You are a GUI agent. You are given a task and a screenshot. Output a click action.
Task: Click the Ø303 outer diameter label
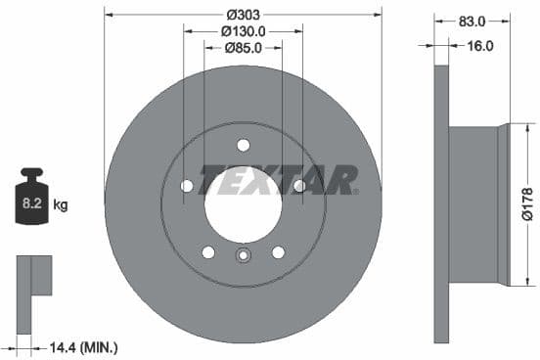[243, 15]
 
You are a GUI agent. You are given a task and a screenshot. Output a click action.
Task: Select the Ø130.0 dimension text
[243, 30]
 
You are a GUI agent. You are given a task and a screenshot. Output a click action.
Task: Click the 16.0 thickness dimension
[479, 45]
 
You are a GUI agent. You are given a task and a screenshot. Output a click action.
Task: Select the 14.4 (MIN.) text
[85, 346]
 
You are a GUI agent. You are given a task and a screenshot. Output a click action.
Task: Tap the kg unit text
[61, 204]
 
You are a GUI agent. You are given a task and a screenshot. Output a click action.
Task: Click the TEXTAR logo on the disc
[278, 180]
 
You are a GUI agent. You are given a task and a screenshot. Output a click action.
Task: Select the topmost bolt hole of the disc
[243, 146]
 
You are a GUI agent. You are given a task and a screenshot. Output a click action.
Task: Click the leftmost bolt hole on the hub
[187, 186]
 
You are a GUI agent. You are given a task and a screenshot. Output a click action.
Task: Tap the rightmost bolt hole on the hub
[299, 186]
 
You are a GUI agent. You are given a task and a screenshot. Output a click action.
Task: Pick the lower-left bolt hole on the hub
[208, 251]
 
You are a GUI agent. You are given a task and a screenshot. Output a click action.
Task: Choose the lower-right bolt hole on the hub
[278, 251]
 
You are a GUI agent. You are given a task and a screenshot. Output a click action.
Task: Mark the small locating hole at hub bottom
[243, 257]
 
